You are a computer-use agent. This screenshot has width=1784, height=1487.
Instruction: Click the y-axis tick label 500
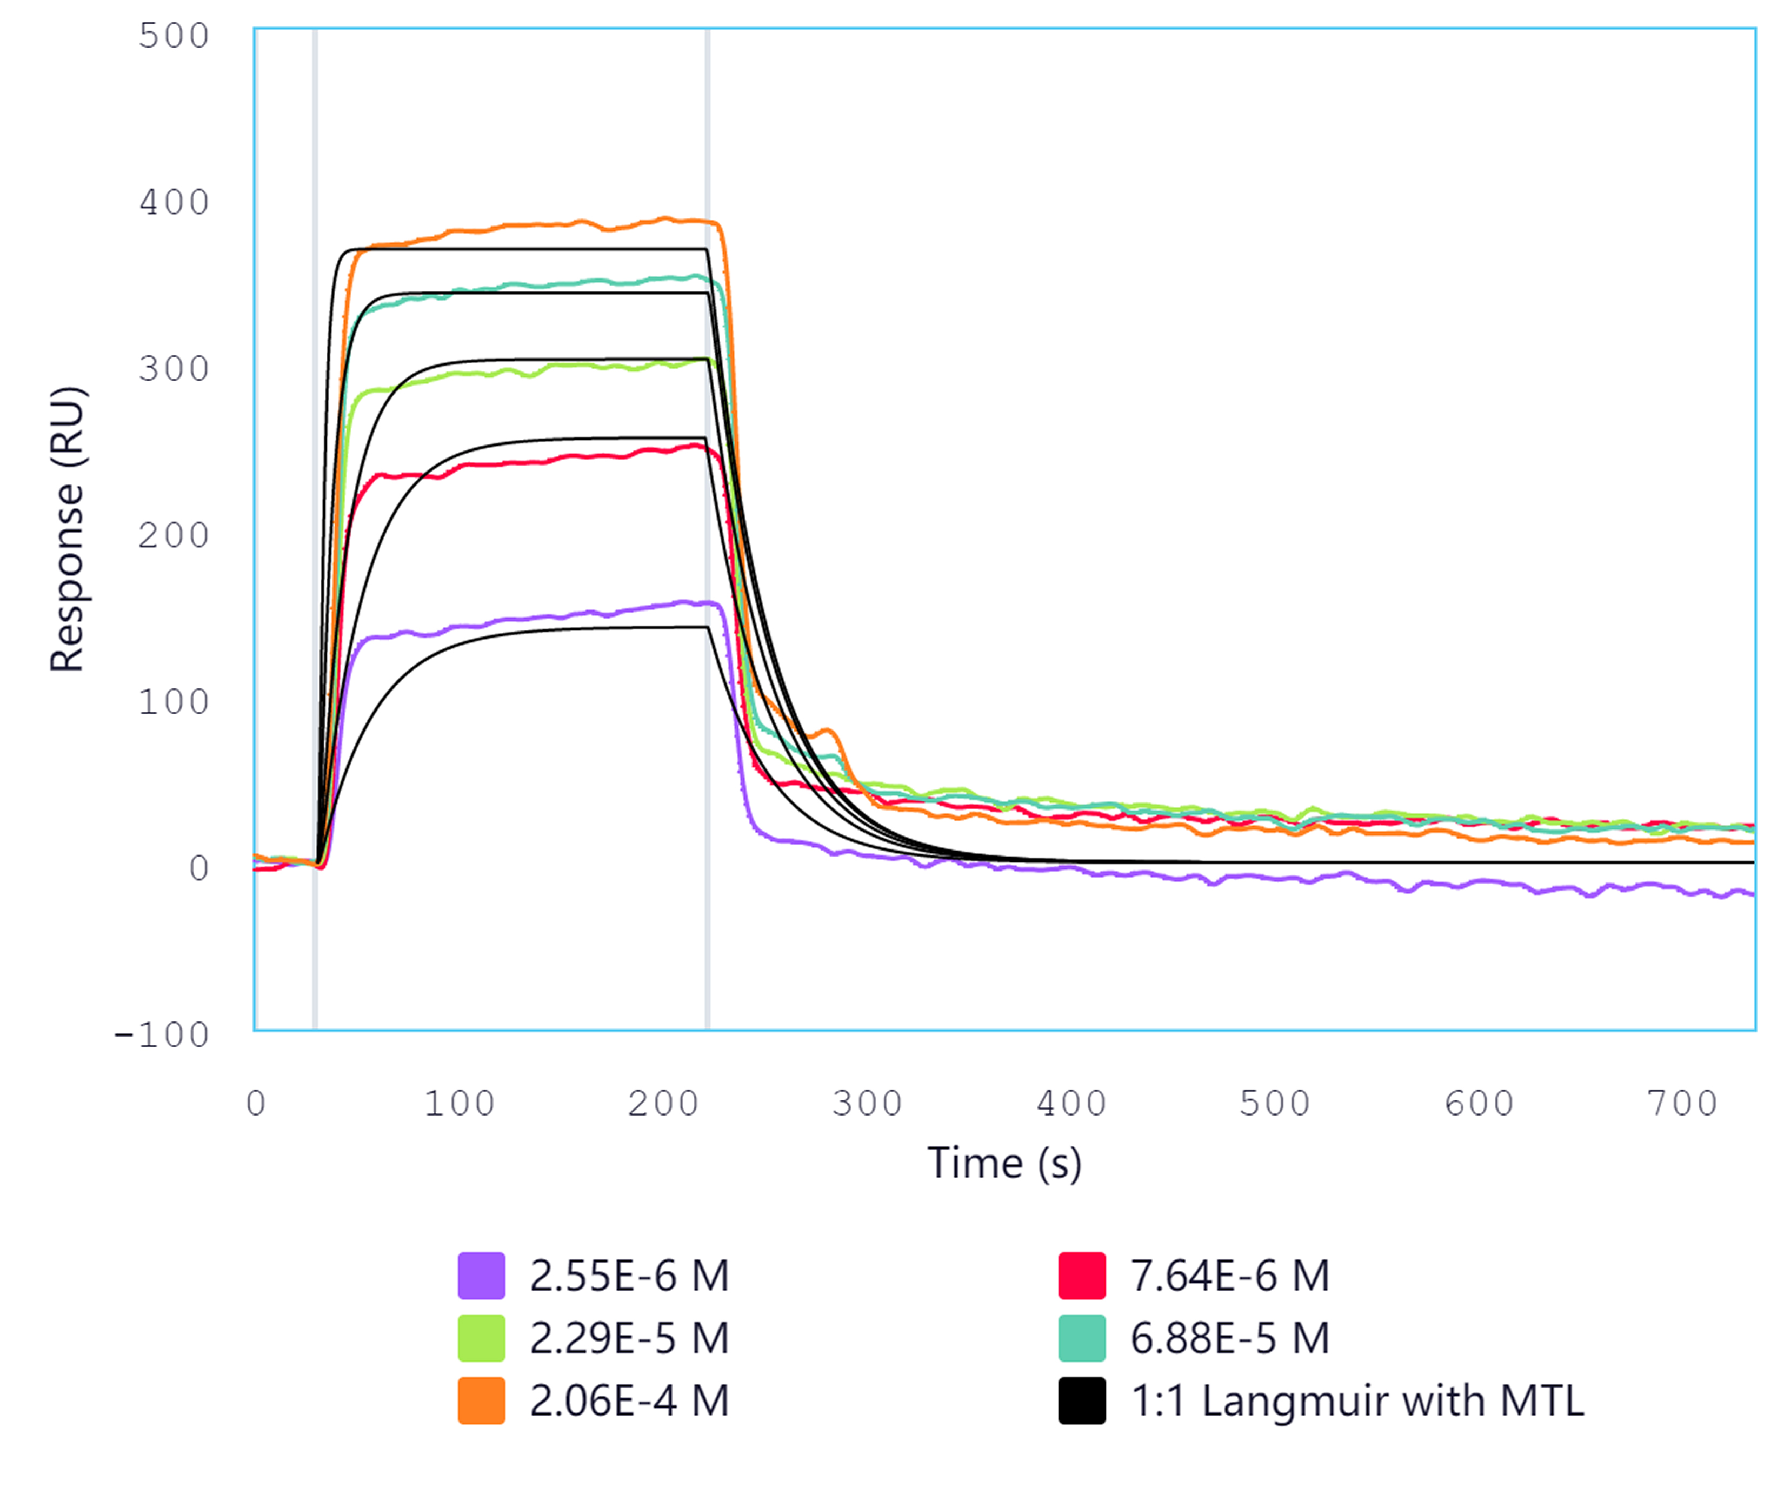tap(174, 37)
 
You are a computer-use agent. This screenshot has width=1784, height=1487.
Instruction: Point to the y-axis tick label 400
tap(174, 203)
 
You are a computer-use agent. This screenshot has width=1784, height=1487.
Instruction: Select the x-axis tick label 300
tap(867, 1104)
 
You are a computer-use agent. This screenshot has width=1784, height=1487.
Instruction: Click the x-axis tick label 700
tap(1682, 1104)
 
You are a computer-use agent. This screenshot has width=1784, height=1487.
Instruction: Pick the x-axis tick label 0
tap(256, 1104)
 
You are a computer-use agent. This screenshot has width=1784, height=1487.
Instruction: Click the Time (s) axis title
tap(1004, 1163)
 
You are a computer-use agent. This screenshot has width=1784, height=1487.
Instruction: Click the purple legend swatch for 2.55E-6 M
tap(481, 1276)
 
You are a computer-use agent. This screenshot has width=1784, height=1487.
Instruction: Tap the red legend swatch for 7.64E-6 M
tap(1081, 1276)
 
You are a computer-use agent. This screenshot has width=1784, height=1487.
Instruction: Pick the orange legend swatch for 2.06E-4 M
tap(481, 1400)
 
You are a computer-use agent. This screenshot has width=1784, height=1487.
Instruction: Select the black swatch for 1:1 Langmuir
tap(1081, 1400)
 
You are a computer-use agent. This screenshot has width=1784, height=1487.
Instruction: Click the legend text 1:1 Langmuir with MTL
tap(1357, 1400)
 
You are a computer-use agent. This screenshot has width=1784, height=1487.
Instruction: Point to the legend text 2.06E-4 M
tap(629, 1400)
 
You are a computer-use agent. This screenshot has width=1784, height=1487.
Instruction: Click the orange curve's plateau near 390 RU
tap(544, 225)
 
